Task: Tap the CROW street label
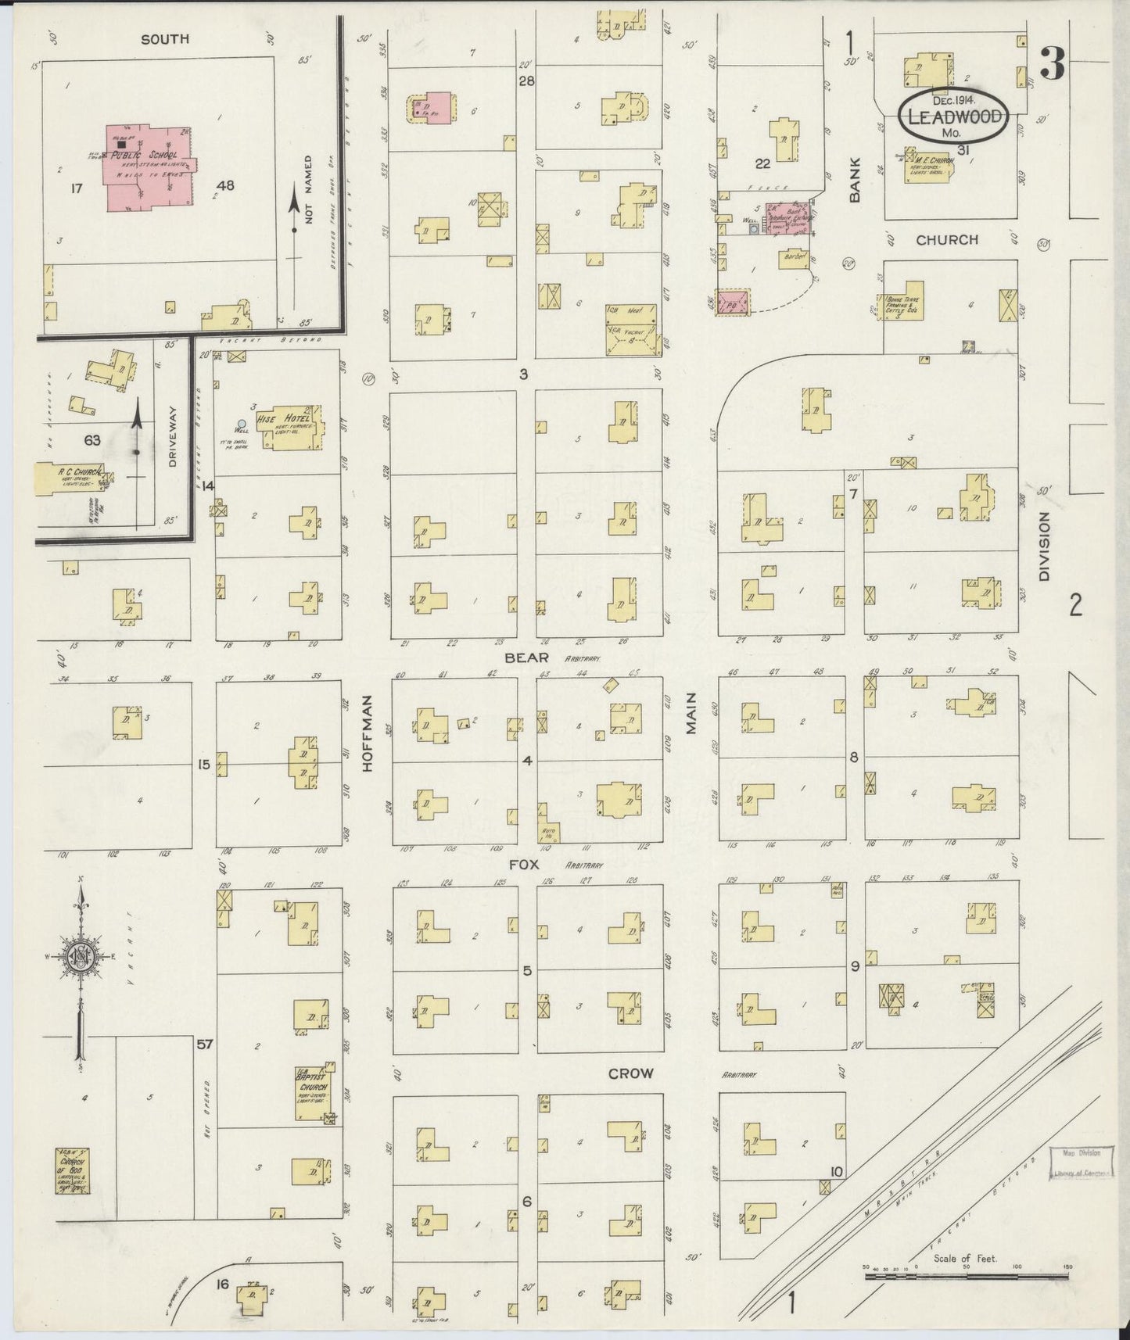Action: tap(630, 1073)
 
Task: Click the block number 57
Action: tap(205, 1044)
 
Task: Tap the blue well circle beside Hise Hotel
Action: tap(242, 423)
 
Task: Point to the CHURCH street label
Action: tap(946, 240)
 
